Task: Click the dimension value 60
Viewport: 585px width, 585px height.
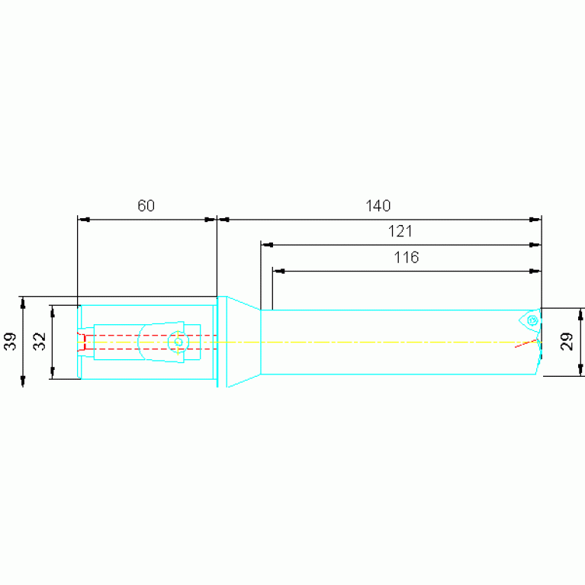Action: coord(146,205)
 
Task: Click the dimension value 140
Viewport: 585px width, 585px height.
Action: coord(378,205)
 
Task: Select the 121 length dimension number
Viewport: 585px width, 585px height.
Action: coord(401,231)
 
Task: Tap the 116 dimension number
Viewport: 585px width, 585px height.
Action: coord(407,257)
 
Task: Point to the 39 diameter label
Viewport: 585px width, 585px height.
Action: coord(11,341)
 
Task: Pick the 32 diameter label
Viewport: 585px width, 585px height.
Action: coord(40,341)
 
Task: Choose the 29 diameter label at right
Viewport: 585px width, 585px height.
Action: coord(567,342)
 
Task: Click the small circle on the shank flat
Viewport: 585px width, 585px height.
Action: coord(178,342)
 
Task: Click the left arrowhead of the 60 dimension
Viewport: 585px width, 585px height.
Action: coord(84,220)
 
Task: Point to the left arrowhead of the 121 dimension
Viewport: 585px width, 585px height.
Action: coord(267,246)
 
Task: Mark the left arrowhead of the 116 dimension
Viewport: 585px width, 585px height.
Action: coord(279,271)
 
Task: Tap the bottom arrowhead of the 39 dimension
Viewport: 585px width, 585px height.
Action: coord(23,380)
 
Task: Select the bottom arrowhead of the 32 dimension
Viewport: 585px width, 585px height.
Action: coord(53,373)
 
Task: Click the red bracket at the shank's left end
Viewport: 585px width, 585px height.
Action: coord(82,342)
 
